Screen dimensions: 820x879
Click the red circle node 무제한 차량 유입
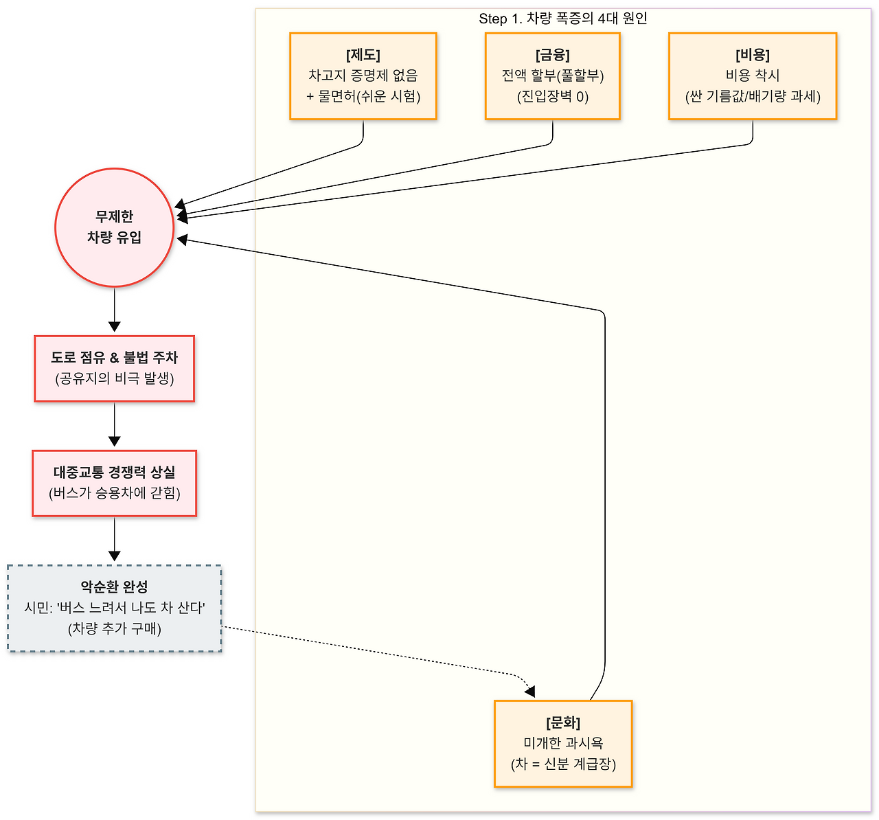point(114,227)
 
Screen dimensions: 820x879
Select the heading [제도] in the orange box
point(363,55)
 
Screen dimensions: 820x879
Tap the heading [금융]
point(552,55)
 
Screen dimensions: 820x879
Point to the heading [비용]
point(752,55)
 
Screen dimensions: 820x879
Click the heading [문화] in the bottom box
point(563,722)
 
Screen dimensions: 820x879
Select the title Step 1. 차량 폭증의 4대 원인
point(562,19)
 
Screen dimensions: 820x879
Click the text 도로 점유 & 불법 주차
point(114,357)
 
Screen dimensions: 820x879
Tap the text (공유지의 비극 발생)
point(114,378)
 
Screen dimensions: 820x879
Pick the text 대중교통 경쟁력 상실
point(114,472)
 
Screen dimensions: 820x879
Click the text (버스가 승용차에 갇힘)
point(114,493)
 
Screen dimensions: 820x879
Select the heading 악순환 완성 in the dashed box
point(114,586)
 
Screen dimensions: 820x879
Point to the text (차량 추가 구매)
point(114,629)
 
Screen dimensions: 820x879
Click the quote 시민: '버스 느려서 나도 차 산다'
point(114,608)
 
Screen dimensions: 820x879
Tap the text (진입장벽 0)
point(552,97)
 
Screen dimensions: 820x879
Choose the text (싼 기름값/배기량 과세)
point(752,97)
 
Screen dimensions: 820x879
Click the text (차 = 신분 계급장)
point(563,764)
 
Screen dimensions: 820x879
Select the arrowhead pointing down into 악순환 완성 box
point(114,556)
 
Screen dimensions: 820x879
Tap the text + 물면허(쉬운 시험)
point(363,97)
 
